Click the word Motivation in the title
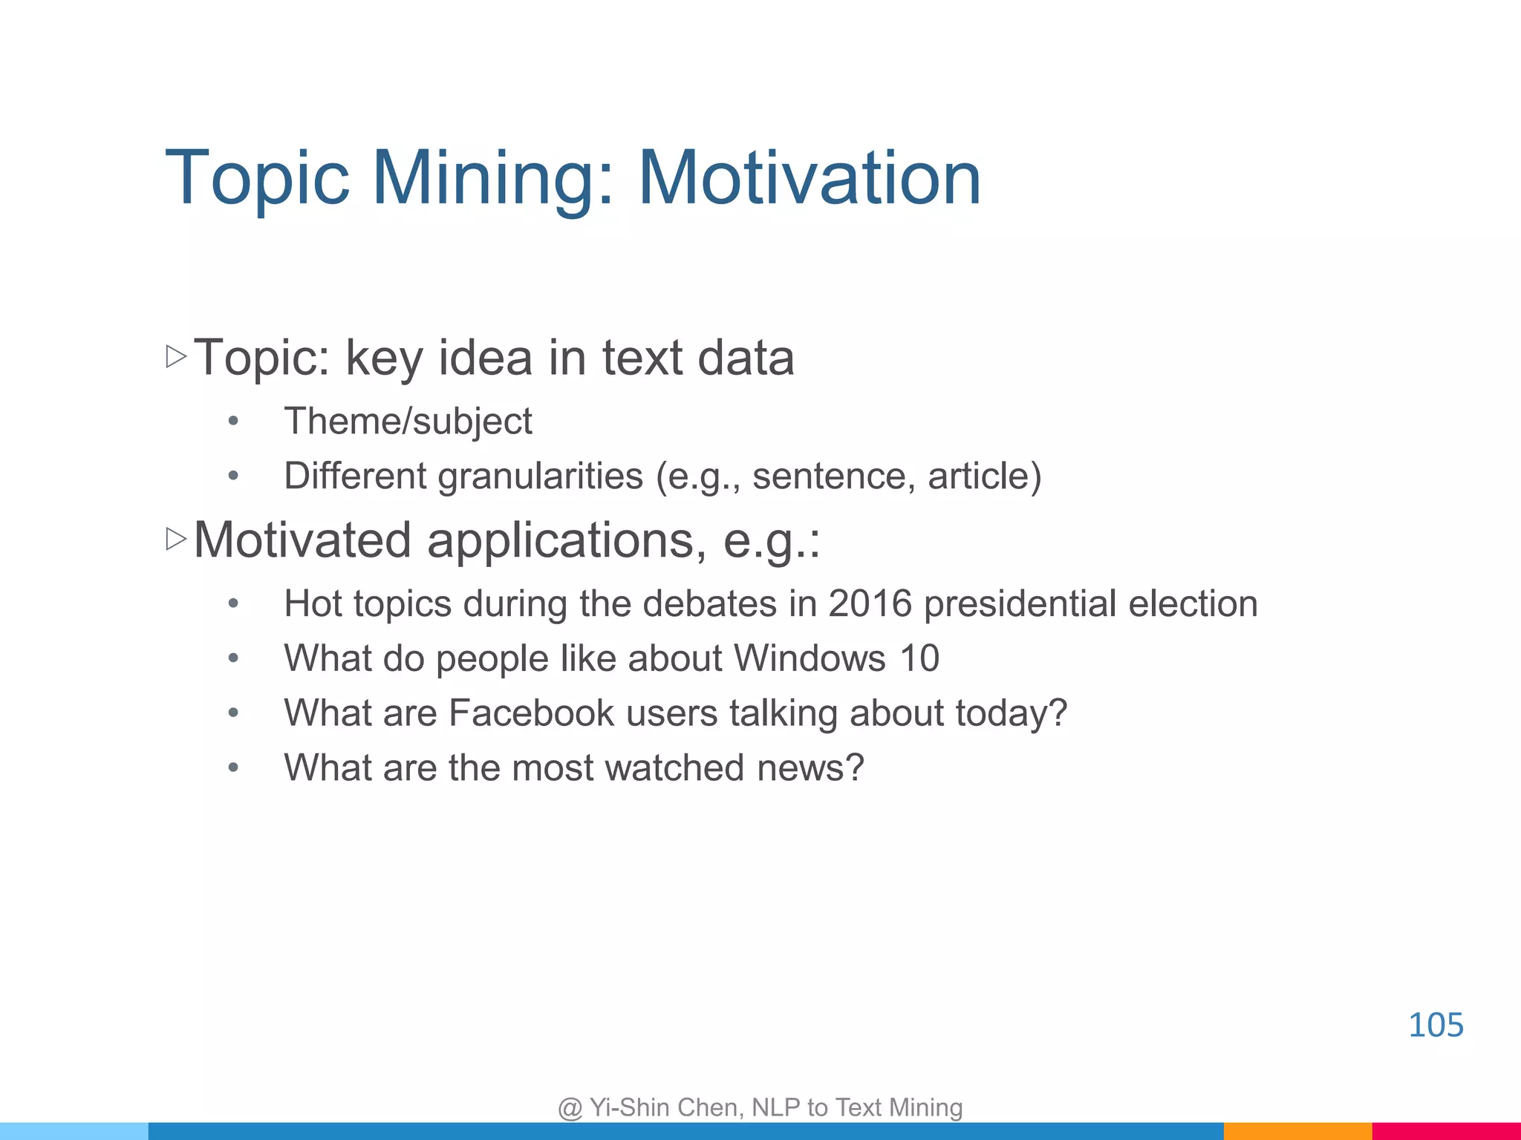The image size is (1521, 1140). tap(810, 178)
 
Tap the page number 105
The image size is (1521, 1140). tap(1435, 1025)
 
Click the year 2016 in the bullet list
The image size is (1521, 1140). tap(869, 603)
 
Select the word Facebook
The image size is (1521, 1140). tap(531, 712)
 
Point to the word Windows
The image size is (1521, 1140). tap(810, 658)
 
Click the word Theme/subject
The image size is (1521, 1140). tap(408, 422)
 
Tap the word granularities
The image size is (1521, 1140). tap(540, 476)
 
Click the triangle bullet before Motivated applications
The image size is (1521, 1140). tap(176, 539)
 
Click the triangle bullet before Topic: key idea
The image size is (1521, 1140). tap(176, 357)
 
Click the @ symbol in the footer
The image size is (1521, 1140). tap(570, 1108)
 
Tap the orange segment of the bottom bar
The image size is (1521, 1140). tap(1297, 1131)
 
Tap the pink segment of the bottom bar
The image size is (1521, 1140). tap(1445, 1131)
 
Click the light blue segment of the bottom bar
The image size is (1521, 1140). tap(74, 1131)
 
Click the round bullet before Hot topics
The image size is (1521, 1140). tap(233, 603)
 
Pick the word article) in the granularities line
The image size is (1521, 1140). tap(984, 476)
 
